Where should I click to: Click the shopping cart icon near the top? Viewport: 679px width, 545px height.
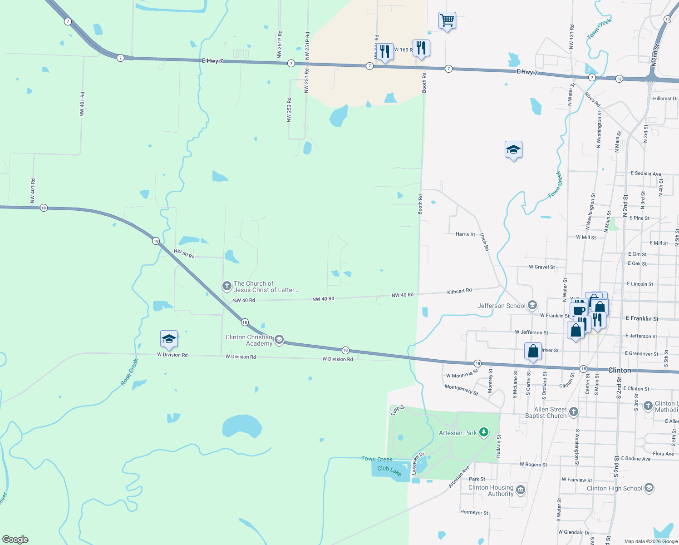pyautogui.click(x=447, y=20)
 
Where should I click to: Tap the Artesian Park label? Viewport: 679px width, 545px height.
pyautogui.click(x=458, y=433)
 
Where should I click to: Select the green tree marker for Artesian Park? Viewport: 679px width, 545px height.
pyautogui.click(x=484, y=432)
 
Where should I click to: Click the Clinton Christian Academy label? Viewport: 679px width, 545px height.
pyautogui.click(x=249, y=340)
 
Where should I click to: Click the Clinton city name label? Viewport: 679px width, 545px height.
pyautogui.click(x=619, y=370)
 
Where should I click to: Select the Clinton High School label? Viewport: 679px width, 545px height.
pyautogui.click(x=615, y=488)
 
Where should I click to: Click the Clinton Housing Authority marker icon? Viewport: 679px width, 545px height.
pyautogui.click(x=521, y=490)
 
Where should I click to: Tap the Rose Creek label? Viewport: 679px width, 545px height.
pyautogui.click(x=129, y=372)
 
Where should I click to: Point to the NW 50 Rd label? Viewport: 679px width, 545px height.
pyautogui.click(x=184, y=254)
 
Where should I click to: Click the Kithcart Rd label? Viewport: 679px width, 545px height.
pyautogui.click(x=459, y=291)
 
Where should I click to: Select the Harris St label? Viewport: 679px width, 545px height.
pyautogui.click(x=465, y=234)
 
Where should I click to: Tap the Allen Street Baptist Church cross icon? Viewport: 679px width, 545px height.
pyautogui.click(x=574, y=412)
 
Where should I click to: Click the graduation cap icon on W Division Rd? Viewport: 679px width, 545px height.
pyautogui.click(x=169, y=339)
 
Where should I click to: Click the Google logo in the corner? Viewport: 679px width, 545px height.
pyautogui.click(x=15, y=540)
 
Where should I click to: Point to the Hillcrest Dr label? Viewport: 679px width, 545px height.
pyautogui.click(x=665, y=99)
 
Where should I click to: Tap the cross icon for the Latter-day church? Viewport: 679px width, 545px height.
pyautogui.click(x=226, y=286)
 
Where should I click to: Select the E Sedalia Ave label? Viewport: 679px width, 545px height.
pyautogui.click(x=645, y=173)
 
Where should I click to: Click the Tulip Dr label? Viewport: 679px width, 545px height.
pyautogui.click(x=398, y=410)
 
